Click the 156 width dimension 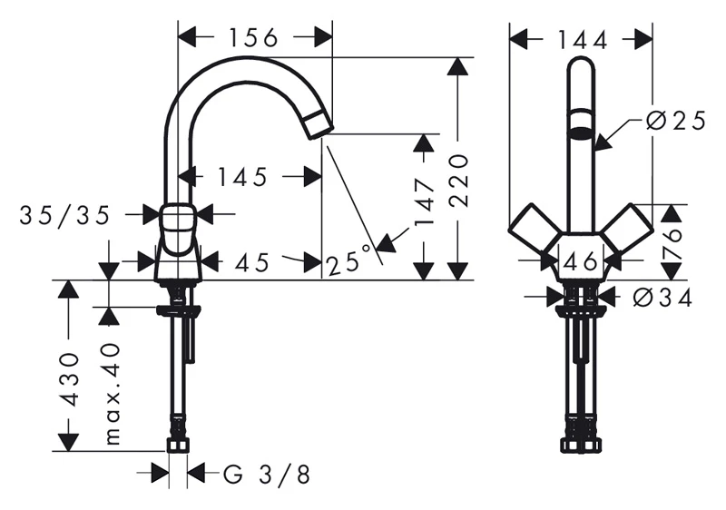pyautogui.click(x=254, y=37)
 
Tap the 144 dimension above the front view pyautogui.click(x=582, y=40)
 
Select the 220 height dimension pyautogui.click(x=459, y=180)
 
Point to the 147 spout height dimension pyautogui.click(x=425, y=201)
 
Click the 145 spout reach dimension pyautogui.click(x=242, y=177)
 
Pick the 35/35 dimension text pyautogui.click(x=64, y=215)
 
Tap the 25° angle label pyautogui.click(x=349, y=261)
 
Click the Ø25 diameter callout pyautogui.click(x=675, y=122)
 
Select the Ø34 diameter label pyautogui.click(x=662, y=297)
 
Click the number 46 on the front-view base pyautogui.click(x=581, y=262)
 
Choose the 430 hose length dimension pyautogui.click(x=69, y=378)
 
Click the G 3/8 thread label pyautogui.click(x=267, y=474)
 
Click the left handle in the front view pyautogui.click(x=534, y=229)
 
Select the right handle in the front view pyautogui.click(x=628, y=229)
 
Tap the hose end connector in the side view pyautogui.click(x=178, y=446)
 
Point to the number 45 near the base pyautogui.click(x=251, y=262)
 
